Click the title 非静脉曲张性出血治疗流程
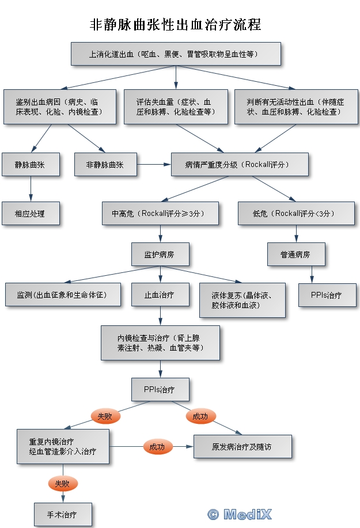(x=176, y=24)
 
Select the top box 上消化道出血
(x=176, y=54)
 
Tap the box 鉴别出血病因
(x=60, y=107)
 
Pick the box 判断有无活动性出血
(x=296, y=107)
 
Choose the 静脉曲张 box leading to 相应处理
(x=31, y=165)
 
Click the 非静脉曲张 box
(x=105, y=165)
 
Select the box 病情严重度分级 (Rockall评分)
(x=240, y=165)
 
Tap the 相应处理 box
(x=31, y=214)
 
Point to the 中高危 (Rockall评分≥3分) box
(x=161, y=214)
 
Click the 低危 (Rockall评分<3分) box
(x=296, y=214)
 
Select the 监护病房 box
(x=160, y=253)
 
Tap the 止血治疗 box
(x=160, y=295)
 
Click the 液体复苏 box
(x=242, y=300)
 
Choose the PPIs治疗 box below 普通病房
(x=327, y=295)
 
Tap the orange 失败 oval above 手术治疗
(x=62, y=484)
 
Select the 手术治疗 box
(x=62, y=514)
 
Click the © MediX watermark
(x=239, y=514)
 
